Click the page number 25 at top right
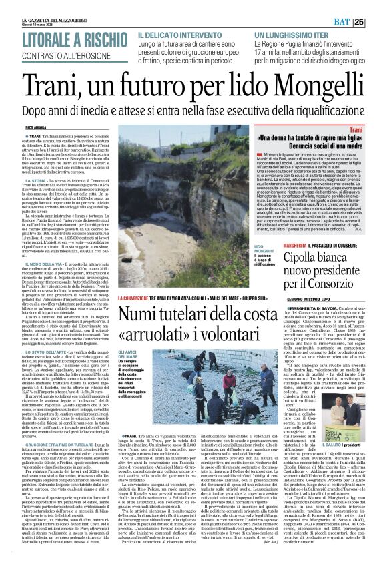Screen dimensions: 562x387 pyautogui.click(x=377, y=6)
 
